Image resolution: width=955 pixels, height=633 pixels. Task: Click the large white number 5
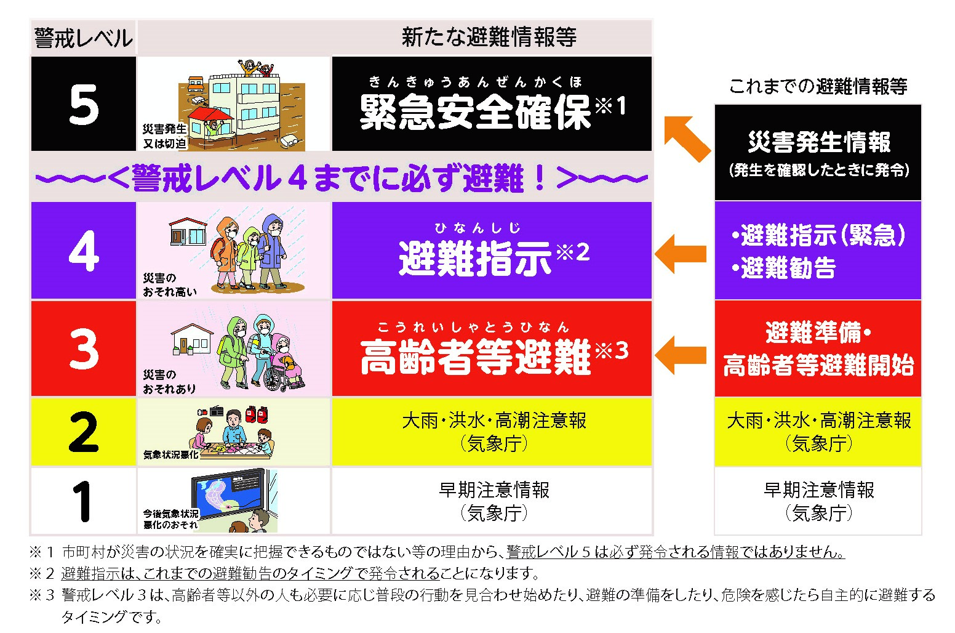coord(84,104)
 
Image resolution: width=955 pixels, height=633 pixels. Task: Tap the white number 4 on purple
coord(84,251)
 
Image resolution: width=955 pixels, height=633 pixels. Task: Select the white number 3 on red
coord(84,349)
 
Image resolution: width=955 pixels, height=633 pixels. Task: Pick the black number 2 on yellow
coord(84,432)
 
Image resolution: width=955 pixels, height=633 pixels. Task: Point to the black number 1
coord(81,501)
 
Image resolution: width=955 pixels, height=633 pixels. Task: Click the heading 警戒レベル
coord(84,38)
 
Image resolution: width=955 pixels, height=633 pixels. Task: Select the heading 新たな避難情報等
coord(489,37)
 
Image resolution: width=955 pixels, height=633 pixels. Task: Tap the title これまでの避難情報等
coord(818,87)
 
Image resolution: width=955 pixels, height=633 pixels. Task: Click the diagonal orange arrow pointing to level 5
coord(688,138)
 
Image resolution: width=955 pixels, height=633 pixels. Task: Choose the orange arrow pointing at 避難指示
coord(681,254)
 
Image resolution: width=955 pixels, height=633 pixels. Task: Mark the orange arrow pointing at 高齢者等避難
coord(681,355)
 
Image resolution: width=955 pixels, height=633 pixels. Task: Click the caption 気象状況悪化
coord(171,454)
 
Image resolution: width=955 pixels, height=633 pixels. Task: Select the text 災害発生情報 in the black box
coord(819,142)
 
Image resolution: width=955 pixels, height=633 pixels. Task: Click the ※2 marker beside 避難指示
coord(573,252)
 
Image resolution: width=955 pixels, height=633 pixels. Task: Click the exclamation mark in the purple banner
coord(540,178)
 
